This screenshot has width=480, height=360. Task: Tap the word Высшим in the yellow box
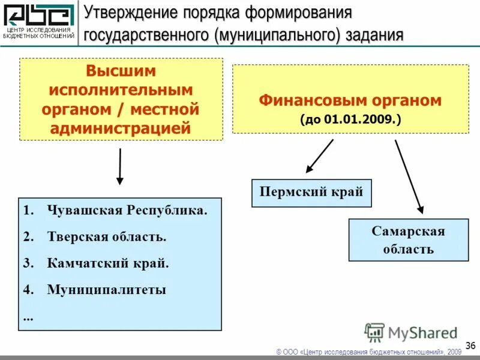121,71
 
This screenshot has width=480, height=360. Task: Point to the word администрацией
121,128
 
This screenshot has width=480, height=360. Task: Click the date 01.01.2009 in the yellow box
360,119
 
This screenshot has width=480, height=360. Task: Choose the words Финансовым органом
350,100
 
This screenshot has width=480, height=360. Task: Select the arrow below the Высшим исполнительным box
120,166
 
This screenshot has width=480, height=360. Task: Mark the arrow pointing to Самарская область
409,177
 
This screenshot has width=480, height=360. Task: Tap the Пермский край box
311,193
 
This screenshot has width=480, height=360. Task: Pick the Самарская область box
408,240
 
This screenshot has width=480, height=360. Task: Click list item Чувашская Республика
127,211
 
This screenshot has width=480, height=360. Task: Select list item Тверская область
107,236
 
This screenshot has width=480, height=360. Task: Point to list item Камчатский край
108,263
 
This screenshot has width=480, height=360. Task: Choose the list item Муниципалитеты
106,290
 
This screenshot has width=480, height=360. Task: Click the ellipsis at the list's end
28,316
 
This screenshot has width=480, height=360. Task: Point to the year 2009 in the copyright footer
454,351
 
